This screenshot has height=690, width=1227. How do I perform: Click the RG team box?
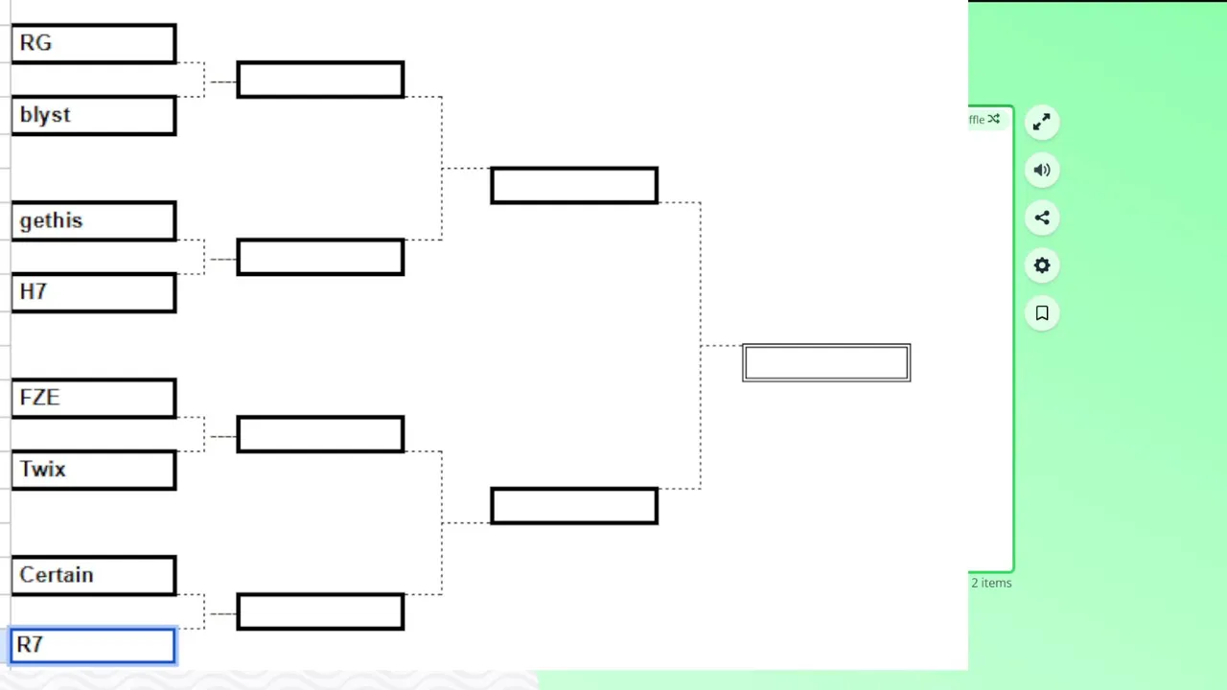tap(94, 44)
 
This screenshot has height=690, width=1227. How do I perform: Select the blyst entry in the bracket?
tap(94, 116)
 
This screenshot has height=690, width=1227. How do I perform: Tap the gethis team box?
tap(94, 221)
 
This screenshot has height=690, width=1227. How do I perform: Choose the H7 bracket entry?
tap(94, 293)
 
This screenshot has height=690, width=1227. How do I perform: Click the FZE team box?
tap(94, 398)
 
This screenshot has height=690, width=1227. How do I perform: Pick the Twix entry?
tap(94, 470)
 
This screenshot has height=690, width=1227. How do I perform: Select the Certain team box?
tap(94, 576)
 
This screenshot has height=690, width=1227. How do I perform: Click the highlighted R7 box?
tap(93, 646)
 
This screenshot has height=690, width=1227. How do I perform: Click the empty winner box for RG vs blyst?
tap(320, 80)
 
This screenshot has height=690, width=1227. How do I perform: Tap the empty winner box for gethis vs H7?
tap(320, 257)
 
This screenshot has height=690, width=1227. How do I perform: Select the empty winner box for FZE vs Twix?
tap(320, 434)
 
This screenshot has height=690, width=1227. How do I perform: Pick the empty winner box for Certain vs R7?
tap(320, 611)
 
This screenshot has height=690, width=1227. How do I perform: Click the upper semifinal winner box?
tap(574, 186)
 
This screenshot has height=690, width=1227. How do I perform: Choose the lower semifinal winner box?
tap(574, 506)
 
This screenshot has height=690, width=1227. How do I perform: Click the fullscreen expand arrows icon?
tap(1042, 122)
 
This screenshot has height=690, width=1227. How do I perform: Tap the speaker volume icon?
tap(1042, 171)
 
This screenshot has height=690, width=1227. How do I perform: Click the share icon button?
tap(1042, 218)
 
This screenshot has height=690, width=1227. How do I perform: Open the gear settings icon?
tap(1042, 265)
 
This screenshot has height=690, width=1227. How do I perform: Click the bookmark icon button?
tap(1042, 313)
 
